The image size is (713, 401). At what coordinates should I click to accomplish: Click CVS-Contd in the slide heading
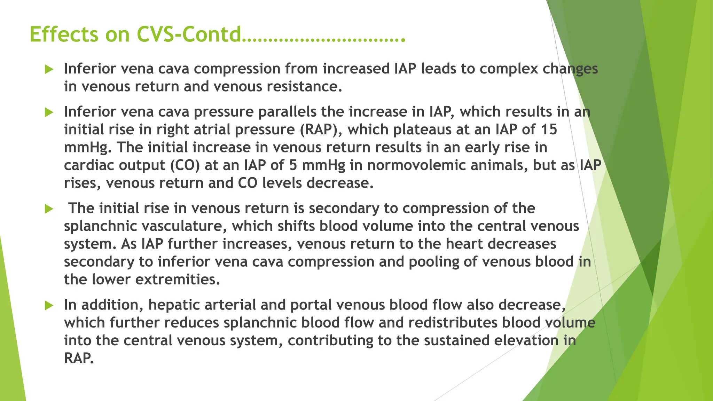point(188,34)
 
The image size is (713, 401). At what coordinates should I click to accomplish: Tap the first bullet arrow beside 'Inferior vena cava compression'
point(49,69)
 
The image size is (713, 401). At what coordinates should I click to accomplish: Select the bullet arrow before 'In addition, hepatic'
point(49,306)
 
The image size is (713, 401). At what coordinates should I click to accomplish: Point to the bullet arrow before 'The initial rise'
point(49,209)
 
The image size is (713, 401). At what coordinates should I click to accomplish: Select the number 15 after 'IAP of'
point(549,129)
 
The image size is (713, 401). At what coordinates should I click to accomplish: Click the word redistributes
point(453,323)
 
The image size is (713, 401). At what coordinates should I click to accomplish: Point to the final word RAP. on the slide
point(79,358)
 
